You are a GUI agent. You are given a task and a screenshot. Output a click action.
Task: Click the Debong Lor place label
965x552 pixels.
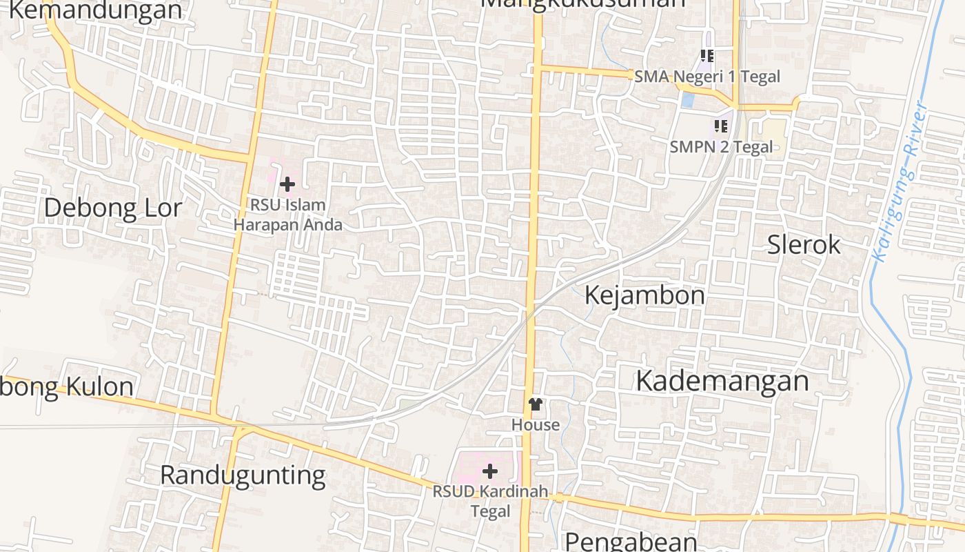pos(113,208)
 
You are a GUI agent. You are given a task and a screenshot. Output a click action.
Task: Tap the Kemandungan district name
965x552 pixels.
pos(95,10)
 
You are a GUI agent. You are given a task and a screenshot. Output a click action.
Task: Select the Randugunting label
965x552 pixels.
pos(243,475)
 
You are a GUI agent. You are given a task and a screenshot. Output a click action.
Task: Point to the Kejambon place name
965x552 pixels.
pos(644,295)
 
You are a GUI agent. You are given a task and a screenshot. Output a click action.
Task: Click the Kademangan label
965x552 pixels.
pos(722,380)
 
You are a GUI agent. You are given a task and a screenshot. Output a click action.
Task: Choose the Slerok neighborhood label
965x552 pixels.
pos(804,244)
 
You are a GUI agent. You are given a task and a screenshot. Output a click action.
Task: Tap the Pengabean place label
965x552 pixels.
pos(631,540)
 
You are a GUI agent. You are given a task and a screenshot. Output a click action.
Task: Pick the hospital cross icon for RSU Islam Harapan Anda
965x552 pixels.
pos(287,184)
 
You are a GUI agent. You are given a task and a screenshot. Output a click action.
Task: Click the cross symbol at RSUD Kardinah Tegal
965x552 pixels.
pos(490,471)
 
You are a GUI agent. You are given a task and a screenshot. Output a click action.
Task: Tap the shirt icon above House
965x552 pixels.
pos(535,404)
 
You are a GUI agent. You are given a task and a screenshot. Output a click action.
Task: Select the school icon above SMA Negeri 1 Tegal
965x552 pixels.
pos(707,55)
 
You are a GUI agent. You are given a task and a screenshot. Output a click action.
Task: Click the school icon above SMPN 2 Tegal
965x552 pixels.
pos(721,126)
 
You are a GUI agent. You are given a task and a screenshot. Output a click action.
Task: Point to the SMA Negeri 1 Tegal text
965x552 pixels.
pos(707,76)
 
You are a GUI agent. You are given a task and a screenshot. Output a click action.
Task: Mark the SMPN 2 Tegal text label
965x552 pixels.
pos(721,146)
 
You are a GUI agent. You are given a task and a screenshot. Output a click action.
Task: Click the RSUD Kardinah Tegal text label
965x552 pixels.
pos(490,502)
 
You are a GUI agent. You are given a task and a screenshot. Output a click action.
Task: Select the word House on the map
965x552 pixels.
pos(536,424)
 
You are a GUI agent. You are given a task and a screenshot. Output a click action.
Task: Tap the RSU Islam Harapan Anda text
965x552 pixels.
pos(287,215)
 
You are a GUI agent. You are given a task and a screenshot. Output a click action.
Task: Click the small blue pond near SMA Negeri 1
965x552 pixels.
pos(687,100)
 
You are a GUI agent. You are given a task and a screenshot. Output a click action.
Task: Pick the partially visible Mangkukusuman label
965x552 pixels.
pos(582,3)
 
